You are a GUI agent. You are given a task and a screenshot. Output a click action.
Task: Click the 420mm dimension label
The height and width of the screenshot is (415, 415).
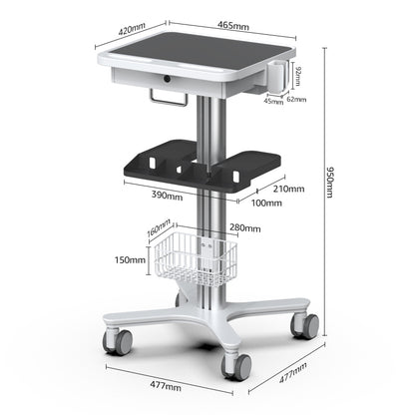tap(132, 29)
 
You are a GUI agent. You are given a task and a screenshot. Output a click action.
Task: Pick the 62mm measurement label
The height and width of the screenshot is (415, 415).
tap(296, 100)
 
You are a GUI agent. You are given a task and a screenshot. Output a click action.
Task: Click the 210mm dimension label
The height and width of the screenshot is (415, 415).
tap(287, 187)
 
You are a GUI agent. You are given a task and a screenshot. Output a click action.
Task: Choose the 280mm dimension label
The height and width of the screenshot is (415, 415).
tap(244, 228)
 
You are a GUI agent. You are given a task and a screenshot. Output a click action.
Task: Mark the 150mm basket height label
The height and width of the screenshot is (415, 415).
tap(130, 260)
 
